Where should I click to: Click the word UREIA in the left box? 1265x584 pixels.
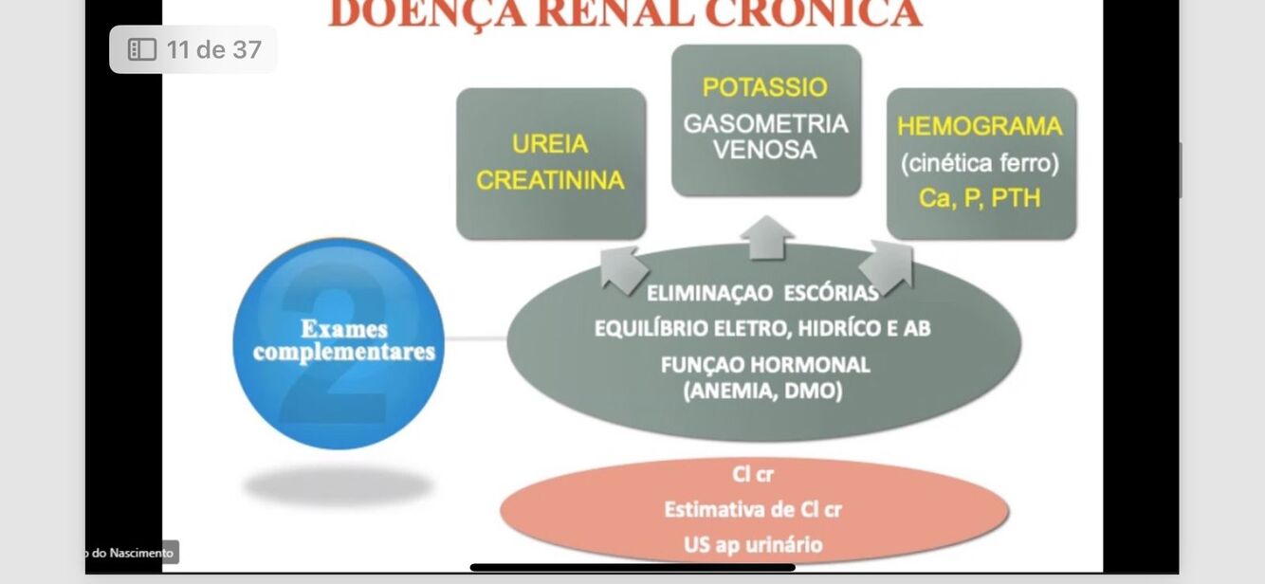tap(550, 144)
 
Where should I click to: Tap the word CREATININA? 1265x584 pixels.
tap(550, 180)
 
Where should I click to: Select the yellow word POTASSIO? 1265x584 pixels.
tap(765, 87)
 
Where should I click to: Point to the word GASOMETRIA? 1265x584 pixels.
tap(765, 124)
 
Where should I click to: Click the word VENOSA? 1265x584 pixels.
tap(765, 150)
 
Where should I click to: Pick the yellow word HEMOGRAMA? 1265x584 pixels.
tap(980, 126)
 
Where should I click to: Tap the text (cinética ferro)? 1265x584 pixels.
tap(980, 163)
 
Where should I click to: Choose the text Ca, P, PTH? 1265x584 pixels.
tap(980, 198)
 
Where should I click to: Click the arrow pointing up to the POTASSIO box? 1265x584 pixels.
tap(766, 236)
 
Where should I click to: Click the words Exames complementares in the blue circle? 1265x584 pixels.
tap(343, 340)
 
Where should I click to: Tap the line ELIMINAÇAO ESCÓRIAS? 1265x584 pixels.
tap(762, 293)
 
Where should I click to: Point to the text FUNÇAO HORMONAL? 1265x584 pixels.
tap(764, 365)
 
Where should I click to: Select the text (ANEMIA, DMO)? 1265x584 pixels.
tap(762, 391)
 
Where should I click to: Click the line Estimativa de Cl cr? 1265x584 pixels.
tap(753, 509)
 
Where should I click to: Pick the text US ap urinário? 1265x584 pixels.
tap(753, 544)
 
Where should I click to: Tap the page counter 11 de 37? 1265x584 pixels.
tap(213, 50)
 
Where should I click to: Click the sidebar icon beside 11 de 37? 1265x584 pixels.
tap(141, 50)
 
